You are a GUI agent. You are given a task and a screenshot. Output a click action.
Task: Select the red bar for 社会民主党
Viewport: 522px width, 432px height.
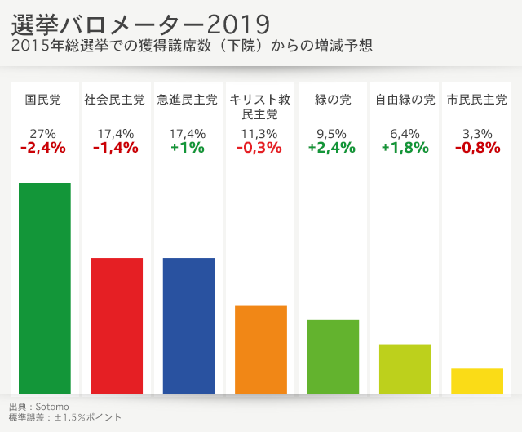(117, 326)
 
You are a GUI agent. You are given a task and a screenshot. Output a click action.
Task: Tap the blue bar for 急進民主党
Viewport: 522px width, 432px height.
(188, 326)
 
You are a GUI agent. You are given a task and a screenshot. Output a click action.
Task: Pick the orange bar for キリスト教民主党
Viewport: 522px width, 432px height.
(261, 350)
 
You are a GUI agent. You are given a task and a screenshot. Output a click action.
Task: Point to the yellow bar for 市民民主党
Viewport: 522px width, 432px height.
(477, 381)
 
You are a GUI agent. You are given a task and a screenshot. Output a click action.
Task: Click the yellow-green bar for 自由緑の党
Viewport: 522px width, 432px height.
(405, 369)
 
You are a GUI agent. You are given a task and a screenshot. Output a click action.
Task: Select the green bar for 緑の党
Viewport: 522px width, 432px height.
(333, 357)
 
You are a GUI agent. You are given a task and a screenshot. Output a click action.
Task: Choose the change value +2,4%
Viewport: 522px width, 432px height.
(332, 148)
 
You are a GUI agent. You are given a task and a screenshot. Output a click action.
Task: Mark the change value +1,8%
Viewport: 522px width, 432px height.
(405, 148)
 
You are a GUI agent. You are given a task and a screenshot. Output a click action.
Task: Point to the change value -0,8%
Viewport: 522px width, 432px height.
(476, 148)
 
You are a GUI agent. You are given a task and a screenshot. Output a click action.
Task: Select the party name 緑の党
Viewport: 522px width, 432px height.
(333, 100)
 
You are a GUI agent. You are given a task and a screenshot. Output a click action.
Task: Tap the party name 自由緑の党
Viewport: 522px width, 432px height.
(405, 100)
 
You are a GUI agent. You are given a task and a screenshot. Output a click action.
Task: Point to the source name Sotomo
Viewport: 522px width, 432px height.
(52, 406)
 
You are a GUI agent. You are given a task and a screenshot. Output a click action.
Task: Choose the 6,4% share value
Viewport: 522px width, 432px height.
(405, 134)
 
